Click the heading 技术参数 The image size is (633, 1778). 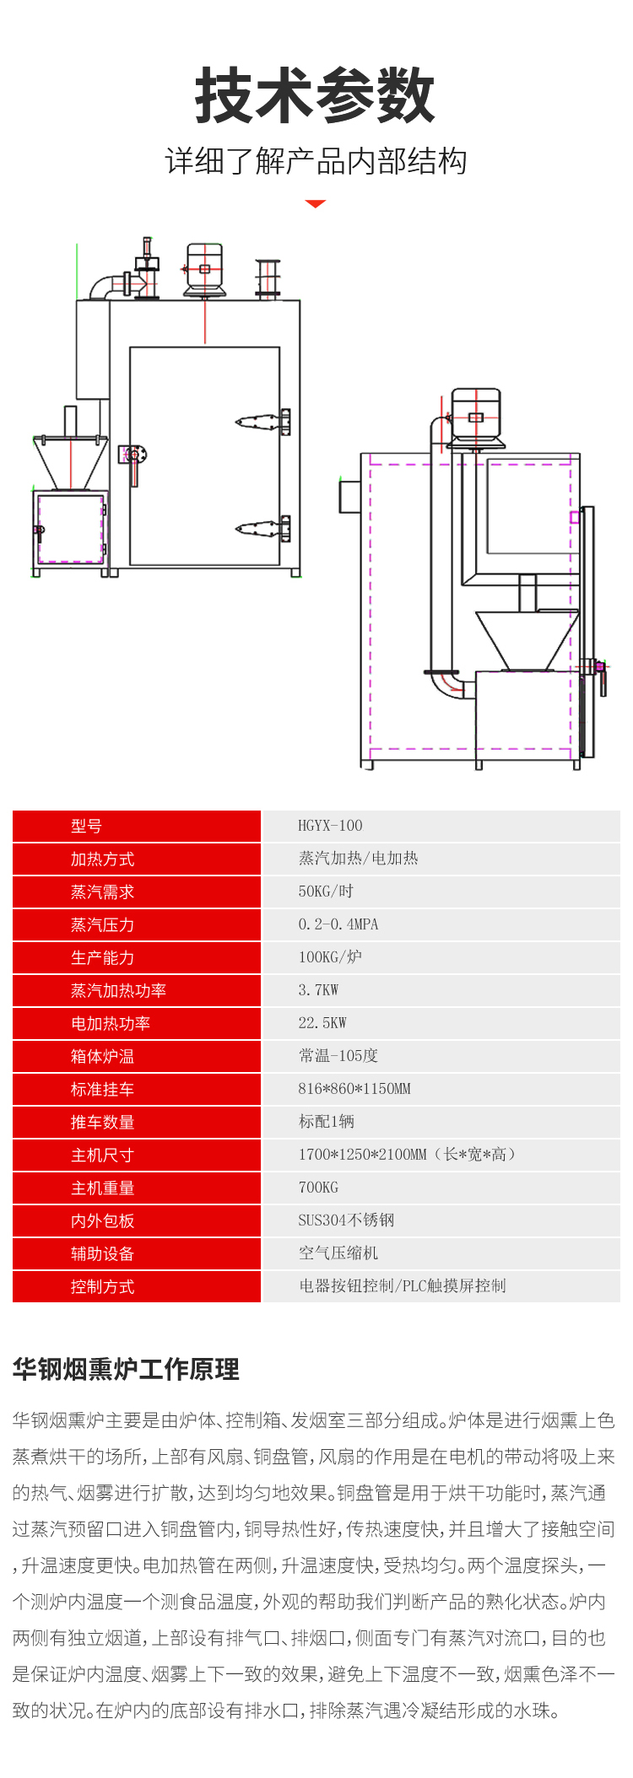coord(315,96)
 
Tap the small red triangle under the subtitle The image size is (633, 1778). coord(315,204)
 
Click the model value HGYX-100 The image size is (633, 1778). coord(330,826)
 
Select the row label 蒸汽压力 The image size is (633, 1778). coord(102,925)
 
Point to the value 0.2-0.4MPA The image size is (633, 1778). coord(338,924)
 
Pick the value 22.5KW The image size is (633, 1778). coord(322,1023)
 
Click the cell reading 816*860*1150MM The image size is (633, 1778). coord(354,1089)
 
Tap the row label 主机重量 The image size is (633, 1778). coord(102,1188)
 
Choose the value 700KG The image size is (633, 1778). coord(318,1188)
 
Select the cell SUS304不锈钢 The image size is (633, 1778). coord(346,1220)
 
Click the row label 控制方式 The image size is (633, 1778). coord(102,1287)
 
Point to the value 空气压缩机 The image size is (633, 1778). coord(338,1253)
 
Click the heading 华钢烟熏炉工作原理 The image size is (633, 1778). coord(126,1369)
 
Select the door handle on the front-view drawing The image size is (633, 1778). coord(133,460)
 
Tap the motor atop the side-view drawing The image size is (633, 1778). coord(476,417)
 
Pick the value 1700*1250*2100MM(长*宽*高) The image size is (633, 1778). coord(406,1155)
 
